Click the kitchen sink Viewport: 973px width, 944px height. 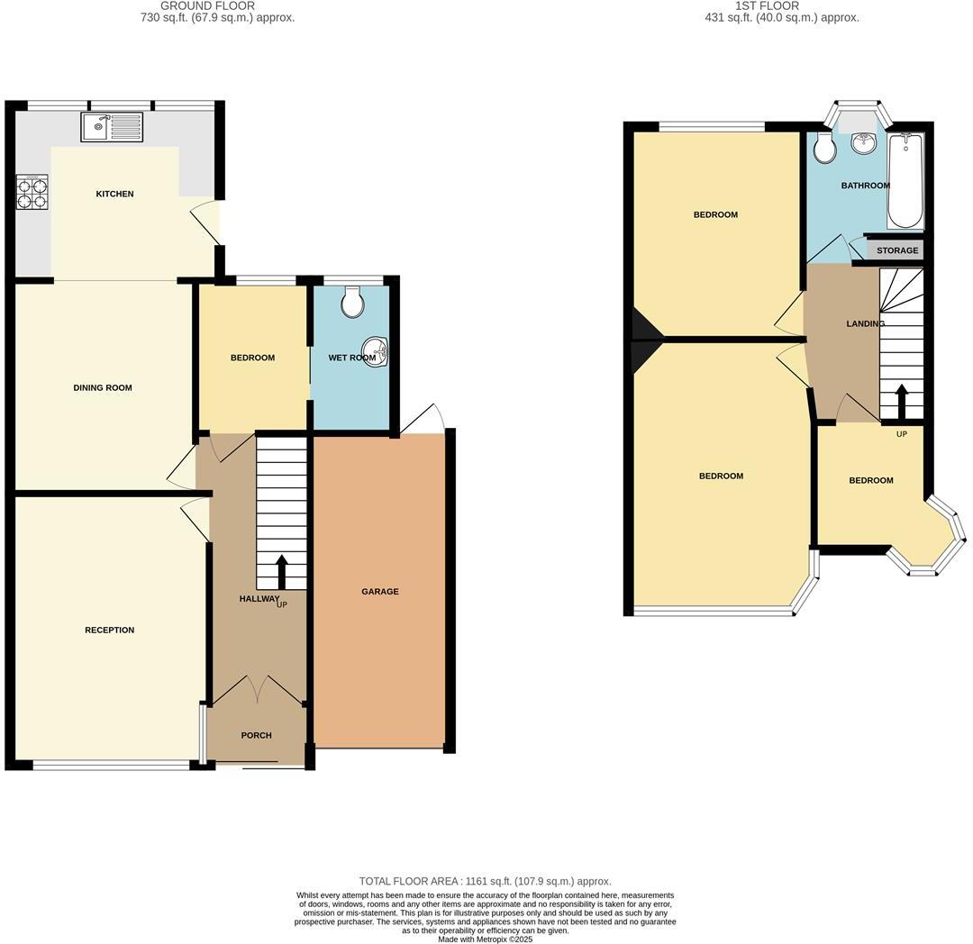[x=112, y=126]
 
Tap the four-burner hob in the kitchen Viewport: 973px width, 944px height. [x=32, y=192]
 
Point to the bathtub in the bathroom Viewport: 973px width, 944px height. [x=905, y=181]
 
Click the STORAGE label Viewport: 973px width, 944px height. [x=897, y=250]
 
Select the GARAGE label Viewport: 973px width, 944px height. [x=380, y=592]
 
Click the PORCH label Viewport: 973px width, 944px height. [x=256, y=735]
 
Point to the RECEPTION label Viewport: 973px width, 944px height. [x=109, y=630]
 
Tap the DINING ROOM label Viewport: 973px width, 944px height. [x=103, y=388]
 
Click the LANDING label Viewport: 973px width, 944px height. [x=865, y=323]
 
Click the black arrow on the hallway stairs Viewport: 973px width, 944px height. [x=281, y=571]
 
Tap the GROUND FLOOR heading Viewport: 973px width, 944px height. [x=207, y=5]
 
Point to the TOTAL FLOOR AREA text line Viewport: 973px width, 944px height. [x=486, y=881]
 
